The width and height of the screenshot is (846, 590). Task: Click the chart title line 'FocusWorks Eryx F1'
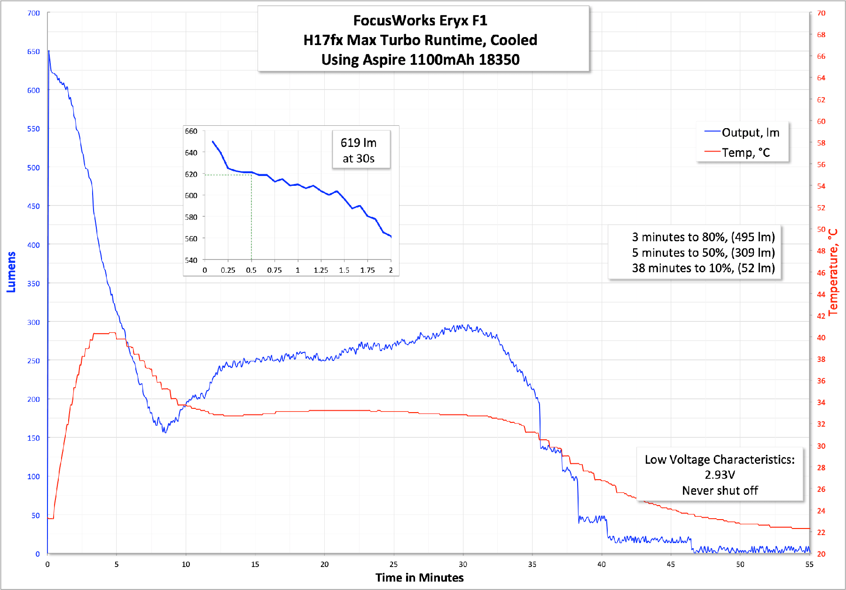[420, 21]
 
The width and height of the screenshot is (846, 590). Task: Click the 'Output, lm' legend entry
[750, 133]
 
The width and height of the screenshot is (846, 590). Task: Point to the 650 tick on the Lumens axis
[33, 52]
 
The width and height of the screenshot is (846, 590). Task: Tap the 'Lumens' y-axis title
[11, 272]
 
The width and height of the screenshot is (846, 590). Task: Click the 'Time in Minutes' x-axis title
[419, 578]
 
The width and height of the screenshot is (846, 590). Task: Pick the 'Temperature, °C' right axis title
[833, 272]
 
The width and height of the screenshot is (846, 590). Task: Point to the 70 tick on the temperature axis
[821, 13]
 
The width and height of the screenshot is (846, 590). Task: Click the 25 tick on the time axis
[393, 564]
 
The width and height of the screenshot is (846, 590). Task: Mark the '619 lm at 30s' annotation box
[359, 150]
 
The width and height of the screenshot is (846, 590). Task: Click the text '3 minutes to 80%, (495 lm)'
[703, 237]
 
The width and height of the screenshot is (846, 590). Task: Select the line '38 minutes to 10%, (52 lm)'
[703, 268]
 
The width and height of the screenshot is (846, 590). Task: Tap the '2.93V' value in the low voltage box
[720, 475]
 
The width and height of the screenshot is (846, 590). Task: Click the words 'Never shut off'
[720, 490]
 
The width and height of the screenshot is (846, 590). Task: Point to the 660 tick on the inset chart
[191, 131]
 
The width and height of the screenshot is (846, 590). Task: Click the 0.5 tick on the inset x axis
[251, 270]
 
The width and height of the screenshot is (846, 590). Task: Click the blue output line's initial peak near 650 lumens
[48, 51]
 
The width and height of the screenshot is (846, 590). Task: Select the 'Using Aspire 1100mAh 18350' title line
[420, 60]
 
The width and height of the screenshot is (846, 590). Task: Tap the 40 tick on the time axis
[601, 564]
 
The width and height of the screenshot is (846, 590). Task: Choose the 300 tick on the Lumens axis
[33, 322]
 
